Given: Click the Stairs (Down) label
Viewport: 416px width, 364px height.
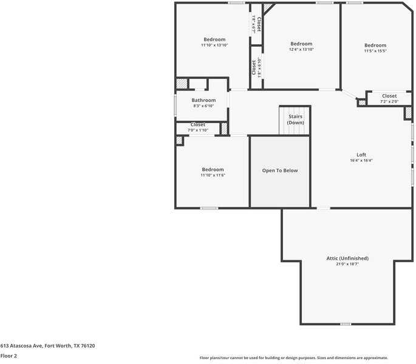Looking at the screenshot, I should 295,120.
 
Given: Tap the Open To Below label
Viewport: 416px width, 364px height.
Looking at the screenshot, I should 280,170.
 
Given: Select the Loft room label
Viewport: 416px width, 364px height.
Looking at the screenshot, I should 361,154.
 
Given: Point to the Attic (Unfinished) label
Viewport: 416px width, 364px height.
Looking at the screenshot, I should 347,258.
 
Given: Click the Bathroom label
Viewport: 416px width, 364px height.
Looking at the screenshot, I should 203,100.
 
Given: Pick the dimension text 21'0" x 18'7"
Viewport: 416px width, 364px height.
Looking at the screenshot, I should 347,265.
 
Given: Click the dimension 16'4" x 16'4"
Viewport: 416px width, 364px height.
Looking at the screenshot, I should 361,161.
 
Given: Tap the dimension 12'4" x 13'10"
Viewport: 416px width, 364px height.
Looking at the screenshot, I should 301,50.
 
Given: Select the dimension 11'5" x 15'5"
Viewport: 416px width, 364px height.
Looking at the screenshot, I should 375,51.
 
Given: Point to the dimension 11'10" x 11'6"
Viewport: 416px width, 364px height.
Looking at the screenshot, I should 213,175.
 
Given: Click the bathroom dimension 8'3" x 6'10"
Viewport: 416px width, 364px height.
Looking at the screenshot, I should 203,106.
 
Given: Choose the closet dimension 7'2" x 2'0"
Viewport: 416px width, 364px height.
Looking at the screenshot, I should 389,101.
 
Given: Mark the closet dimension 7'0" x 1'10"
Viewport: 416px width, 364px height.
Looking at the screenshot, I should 197,130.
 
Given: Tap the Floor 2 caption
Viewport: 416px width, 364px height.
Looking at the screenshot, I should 9,356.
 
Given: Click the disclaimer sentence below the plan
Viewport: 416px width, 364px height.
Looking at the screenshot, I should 293,358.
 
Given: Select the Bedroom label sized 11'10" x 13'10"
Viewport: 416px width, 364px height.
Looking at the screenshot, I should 214,39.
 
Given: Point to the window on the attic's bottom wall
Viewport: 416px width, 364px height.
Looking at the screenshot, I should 345,324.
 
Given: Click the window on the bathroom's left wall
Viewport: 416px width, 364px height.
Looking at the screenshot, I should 176,105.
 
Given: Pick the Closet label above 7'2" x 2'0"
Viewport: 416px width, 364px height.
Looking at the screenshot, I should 389,96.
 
